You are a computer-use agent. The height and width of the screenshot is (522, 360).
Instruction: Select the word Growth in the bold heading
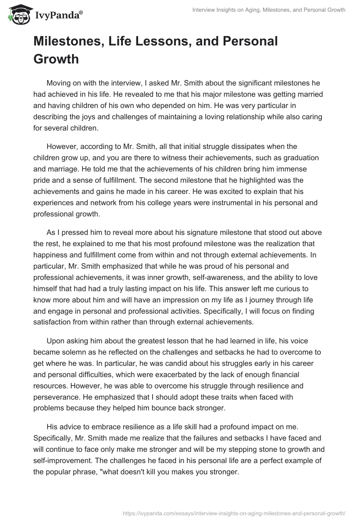56,59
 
